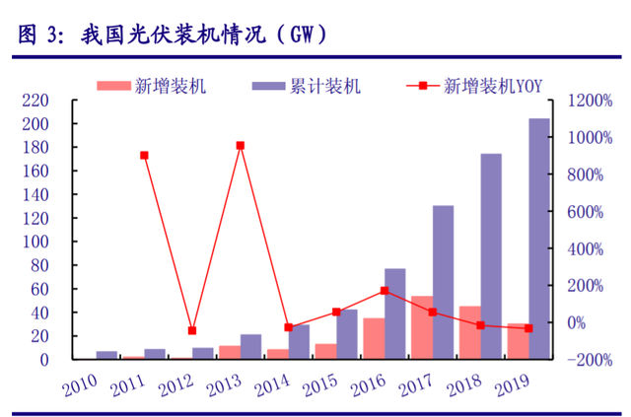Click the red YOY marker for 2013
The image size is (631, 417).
pyautogui.click(x=240, y=146)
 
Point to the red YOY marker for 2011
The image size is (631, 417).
pyautogui.click(x=144, y=155)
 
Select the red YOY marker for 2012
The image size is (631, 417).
pyautogui.click(x=192, y=330)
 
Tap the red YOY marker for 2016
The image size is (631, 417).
pyautogui.click(x=384, y=291)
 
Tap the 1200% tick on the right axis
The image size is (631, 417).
pyautogui.click(x=590, y=101)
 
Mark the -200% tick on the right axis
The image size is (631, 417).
pyautogui.click(x=590, y=360)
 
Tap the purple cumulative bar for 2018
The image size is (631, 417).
pyautogui.click(x=491, y=256)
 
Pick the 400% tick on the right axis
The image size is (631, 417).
pyautogui.click(x=590, y=248)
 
